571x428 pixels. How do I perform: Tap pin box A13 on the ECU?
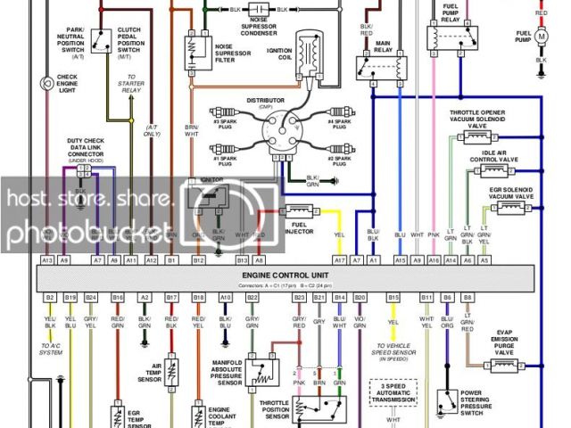(x=47, y=259)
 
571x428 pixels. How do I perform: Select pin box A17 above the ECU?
(x=339, y=259)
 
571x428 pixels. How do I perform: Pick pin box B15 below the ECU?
(x=393, y=296)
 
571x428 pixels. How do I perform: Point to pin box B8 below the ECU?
(x=467, y=296)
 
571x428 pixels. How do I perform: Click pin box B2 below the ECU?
(x=50, y=296)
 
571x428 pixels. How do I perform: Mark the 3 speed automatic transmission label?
(x=393, y=392)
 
